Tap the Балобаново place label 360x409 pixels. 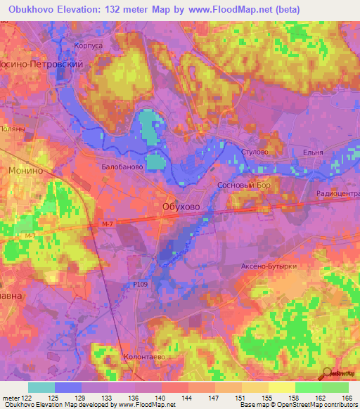point(122,168)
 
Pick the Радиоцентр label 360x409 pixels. point(338,194)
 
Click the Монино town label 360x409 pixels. point(27,171)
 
